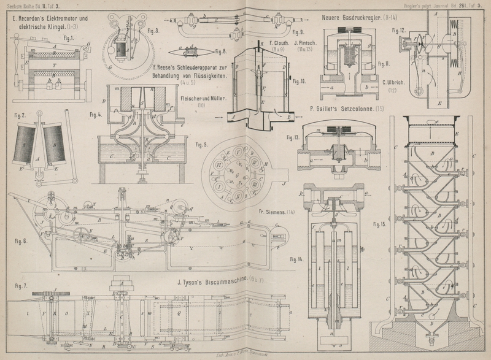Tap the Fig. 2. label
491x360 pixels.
19,115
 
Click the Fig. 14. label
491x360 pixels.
297,258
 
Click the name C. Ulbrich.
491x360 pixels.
393,83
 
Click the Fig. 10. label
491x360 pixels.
300,82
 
